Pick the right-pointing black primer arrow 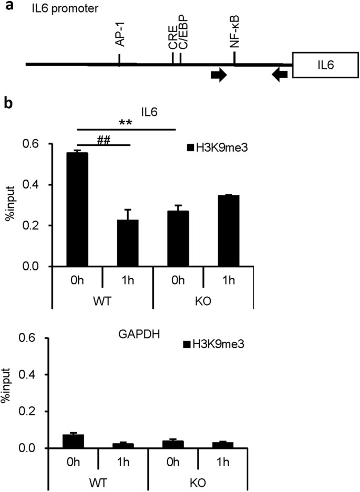219,76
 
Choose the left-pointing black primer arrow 280,76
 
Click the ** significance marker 125,123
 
